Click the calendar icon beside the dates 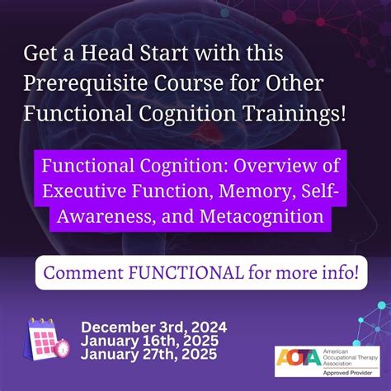tap(45, 338)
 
